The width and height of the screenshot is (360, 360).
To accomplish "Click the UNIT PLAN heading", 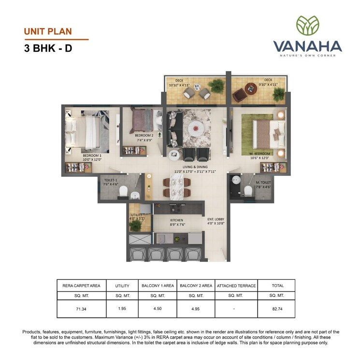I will pyautogui.click(x=48, y=32).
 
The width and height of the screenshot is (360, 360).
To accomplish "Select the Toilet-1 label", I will pyautogui.click(x=111, y=181).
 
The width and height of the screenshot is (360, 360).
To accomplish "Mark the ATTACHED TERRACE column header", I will pyautogui.click(x=236, y=286).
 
